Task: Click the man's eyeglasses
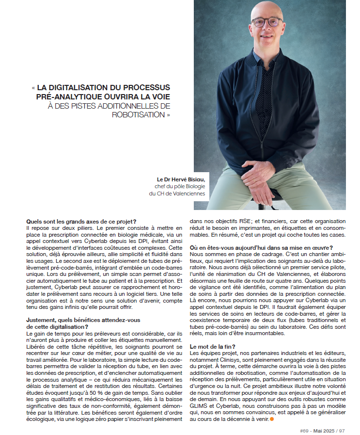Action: tap(266, 22)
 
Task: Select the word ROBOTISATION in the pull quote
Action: tap(139, 115)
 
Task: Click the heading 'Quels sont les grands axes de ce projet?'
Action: tap(81, 222)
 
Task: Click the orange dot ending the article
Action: tap(272, 418)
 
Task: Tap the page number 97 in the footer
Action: tap(342, 430)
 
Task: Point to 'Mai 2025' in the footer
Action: tap(323, 430)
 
